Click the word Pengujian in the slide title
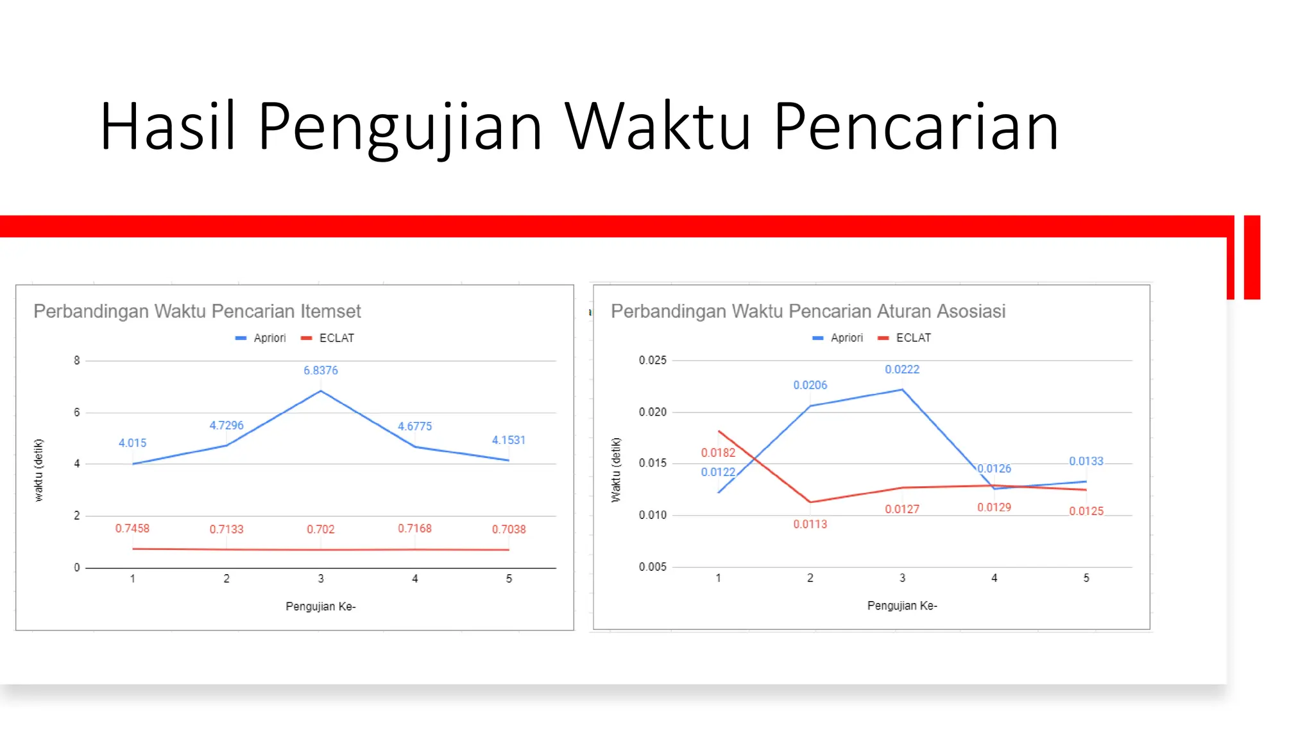coord(400,127)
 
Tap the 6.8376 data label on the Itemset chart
coord(320,370)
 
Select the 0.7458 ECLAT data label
coord(132,528)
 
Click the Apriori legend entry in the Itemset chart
coord(261,338)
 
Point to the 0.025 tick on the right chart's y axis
coord(653,360)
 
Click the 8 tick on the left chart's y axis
coord(77,361)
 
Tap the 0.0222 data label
coord(901,369)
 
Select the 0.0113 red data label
coord(810,524)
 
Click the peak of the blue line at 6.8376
coord(320,391)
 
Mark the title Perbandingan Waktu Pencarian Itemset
coord(197,311)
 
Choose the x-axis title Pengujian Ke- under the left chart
coord(320,606)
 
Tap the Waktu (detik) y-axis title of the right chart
coord(616,470)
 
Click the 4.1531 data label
coord(508,440)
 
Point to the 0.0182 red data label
coord(718,452)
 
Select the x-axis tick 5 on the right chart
coord(1086,578)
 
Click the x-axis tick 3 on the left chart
coord(320,579)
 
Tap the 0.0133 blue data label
coord(1086,461)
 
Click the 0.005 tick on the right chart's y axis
coord(653,566)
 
